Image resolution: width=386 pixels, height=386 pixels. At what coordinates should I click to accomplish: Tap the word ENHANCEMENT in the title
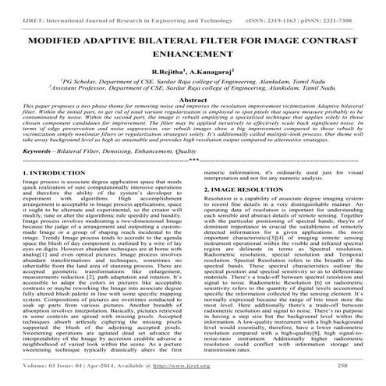tap(193, 53)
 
